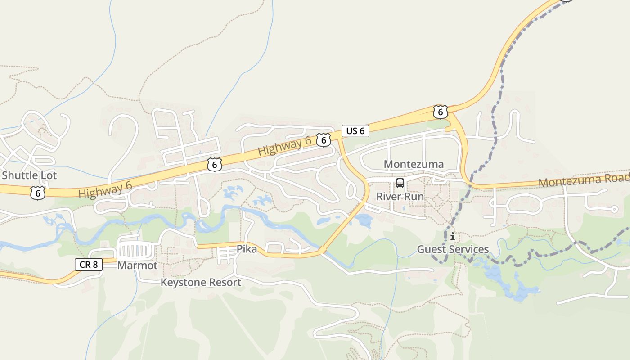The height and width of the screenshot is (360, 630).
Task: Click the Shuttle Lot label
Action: (x=29, y=175)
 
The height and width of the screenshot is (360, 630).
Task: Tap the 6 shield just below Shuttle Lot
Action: (x=38, y=193)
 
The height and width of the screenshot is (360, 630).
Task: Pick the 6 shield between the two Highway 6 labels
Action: (x=215, y=165)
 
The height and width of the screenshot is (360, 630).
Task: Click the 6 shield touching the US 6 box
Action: (x=323, y=140)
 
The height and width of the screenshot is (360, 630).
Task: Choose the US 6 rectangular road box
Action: (x=355, y=131)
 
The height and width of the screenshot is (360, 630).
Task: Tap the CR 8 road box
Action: (x=88, y=265)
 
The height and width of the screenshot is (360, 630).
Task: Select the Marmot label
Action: (x=137, y=265)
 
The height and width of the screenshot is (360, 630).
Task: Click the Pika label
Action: (x=247, y=249)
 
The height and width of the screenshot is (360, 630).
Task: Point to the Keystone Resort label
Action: (x=201, y=283)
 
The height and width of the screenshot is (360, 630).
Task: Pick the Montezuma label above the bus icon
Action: (x=414, y=164)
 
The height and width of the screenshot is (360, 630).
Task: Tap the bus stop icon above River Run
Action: (x=400, y=183)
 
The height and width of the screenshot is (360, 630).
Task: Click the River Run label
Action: (x=400, y=197)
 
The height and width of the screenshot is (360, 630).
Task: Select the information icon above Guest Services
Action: (x=452, y=236)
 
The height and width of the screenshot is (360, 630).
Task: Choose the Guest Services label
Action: (x=453, y=249)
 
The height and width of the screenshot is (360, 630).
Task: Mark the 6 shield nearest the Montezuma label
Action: (x=440, y=112)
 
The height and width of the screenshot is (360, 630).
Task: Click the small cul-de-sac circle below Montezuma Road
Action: (x=614, y=209)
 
